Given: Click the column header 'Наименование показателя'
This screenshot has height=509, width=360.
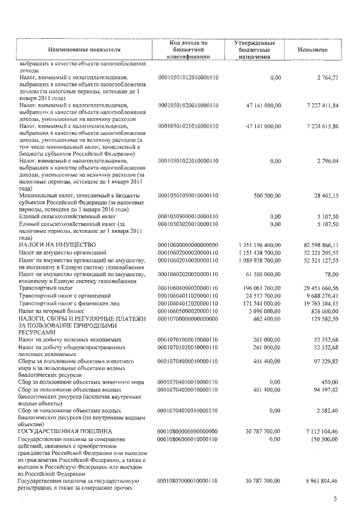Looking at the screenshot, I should pyautogui.click(x=80, y=49).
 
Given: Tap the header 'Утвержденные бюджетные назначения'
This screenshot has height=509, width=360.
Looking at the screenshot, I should pyautogui.click(x=255, y=49).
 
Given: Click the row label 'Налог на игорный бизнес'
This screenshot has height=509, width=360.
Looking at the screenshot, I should pyautogui.click(x=52, y=310).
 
